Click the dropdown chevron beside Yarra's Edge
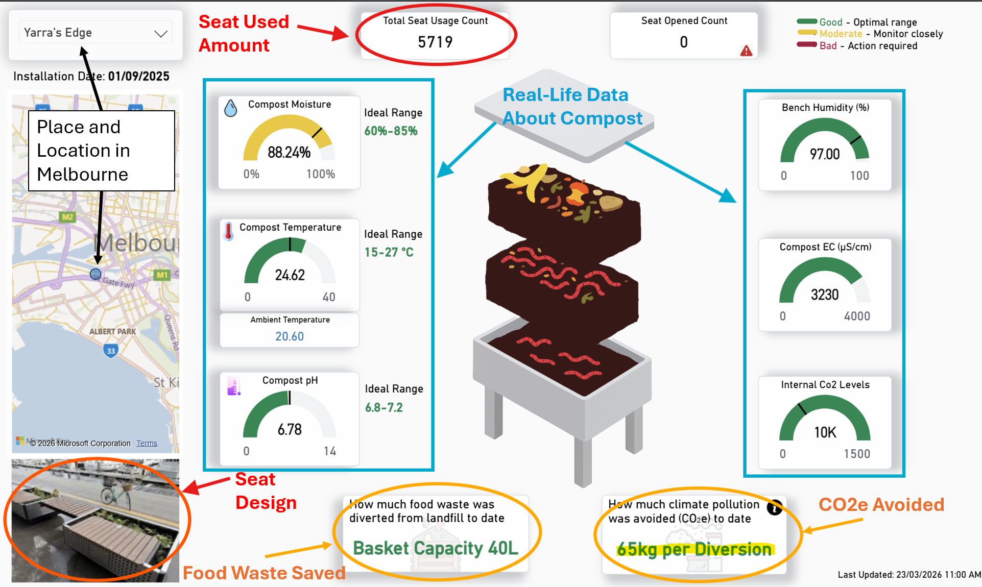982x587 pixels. (161, 34)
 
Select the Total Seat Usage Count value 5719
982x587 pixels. (435, 42)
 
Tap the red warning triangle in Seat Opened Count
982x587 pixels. (746, 51)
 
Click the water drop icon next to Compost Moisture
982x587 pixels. (231, 108)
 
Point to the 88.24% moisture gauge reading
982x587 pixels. (289, 152)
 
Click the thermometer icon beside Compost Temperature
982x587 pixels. (229, 231)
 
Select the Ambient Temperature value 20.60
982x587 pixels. (290, 336)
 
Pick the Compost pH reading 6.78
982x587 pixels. (290, 429)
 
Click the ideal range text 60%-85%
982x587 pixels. (391, 131)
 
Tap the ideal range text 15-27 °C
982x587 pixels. (389, 252)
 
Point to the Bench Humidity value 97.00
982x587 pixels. (825, 154)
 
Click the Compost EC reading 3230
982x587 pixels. (825, 295)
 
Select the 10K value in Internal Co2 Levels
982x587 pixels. (825, 433)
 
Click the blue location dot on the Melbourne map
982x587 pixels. (95, 274)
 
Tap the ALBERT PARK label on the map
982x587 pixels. (112, 331)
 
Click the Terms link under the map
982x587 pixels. (147, 443)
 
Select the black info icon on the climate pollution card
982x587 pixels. (775, 507)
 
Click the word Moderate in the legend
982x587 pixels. (841, 34)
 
